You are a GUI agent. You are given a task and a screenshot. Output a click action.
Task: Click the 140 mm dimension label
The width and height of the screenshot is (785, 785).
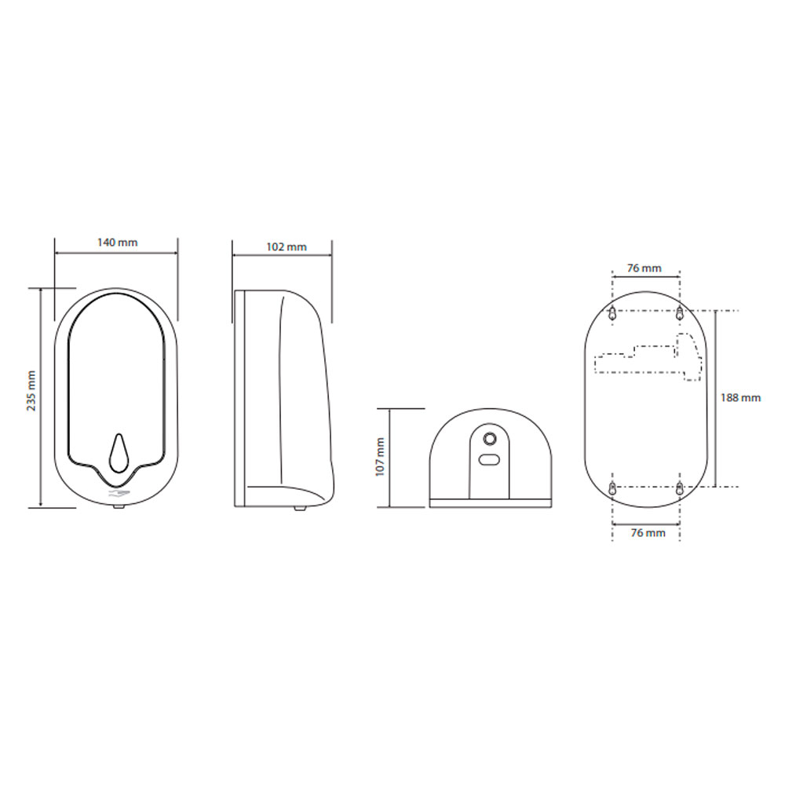point(117,243)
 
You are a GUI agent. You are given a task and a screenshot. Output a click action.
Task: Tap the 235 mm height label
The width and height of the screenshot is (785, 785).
point(31,391)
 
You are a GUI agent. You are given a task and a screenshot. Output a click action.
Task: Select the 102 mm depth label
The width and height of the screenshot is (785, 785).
point(287,246)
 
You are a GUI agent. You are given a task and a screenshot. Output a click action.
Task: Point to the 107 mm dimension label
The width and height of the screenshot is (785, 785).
point(380,457)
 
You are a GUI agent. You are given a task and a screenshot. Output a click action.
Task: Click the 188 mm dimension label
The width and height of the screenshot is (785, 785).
point(740,397)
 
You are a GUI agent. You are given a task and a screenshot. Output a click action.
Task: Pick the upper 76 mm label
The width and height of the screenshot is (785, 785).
point(644,268)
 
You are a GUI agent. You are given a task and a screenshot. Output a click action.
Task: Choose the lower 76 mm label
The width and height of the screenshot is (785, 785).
point(648,533)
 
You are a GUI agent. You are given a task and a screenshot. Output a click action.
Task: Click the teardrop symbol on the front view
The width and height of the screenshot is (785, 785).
point(119,453)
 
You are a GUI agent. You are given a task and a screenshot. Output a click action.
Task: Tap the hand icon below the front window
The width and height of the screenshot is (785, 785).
point(119,495)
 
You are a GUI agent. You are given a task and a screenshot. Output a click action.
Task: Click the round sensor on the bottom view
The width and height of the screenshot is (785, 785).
point(489,439)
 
